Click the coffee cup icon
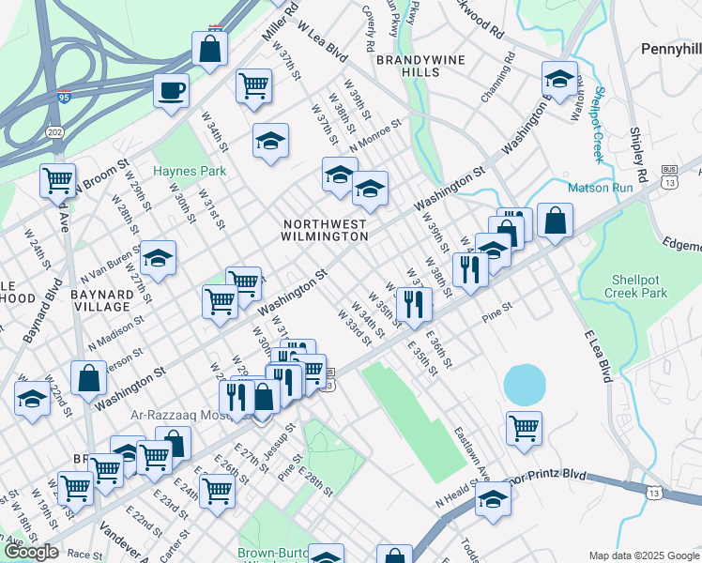point(172,92)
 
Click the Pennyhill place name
point(671,48)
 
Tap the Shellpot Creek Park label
point(639,286)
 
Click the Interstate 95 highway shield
point(64,96)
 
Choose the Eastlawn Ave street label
point(472,451)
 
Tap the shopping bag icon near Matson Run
point(556,221)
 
